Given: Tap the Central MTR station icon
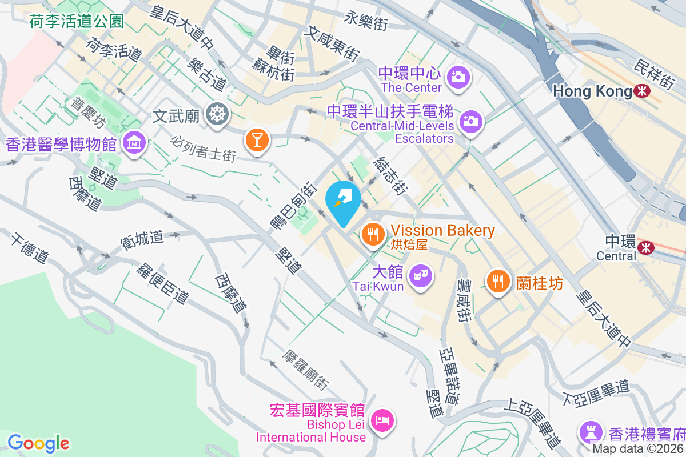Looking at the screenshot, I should [647, 247].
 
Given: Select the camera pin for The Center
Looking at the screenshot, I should [458, 76].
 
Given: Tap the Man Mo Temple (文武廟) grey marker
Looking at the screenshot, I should [217, 114].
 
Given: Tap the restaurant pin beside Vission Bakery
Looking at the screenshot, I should [373, 234].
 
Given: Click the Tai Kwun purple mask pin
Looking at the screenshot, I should [421, 276].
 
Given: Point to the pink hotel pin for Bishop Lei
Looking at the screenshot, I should [382, 421].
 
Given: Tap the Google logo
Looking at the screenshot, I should [38, 443].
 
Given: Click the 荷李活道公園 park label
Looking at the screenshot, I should [77, 22].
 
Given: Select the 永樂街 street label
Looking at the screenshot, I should [366, 22].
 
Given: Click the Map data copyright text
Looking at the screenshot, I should [638, 449].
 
